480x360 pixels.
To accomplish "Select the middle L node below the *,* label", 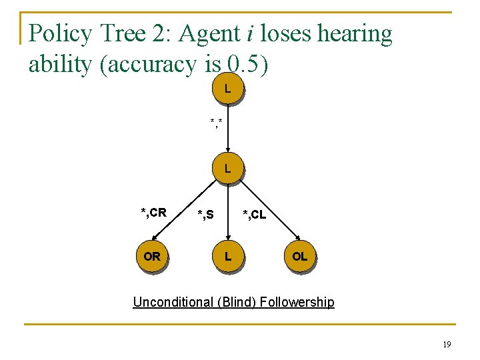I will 228,169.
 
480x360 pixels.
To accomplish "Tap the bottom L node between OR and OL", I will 228,257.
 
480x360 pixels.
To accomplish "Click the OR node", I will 152,257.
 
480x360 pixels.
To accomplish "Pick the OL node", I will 300,257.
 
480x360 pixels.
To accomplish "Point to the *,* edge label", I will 217,122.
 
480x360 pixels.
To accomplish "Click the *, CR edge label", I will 153,213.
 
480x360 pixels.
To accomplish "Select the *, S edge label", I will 205,215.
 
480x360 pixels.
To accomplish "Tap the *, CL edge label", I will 254,215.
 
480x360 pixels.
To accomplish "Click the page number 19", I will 446,344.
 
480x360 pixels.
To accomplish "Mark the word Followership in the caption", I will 297,302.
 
